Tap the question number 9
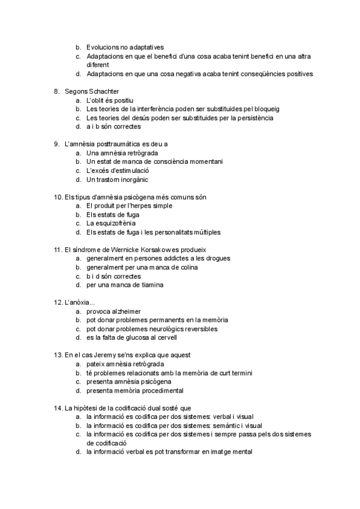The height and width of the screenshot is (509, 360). [x=56, y=144]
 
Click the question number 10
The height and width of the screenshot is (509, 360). [x=58, y=197]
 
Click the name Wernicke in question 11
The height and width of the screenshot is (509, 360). [x=134, y=250]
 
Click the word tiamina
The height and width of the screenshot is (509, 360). [x=149, y=285]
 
